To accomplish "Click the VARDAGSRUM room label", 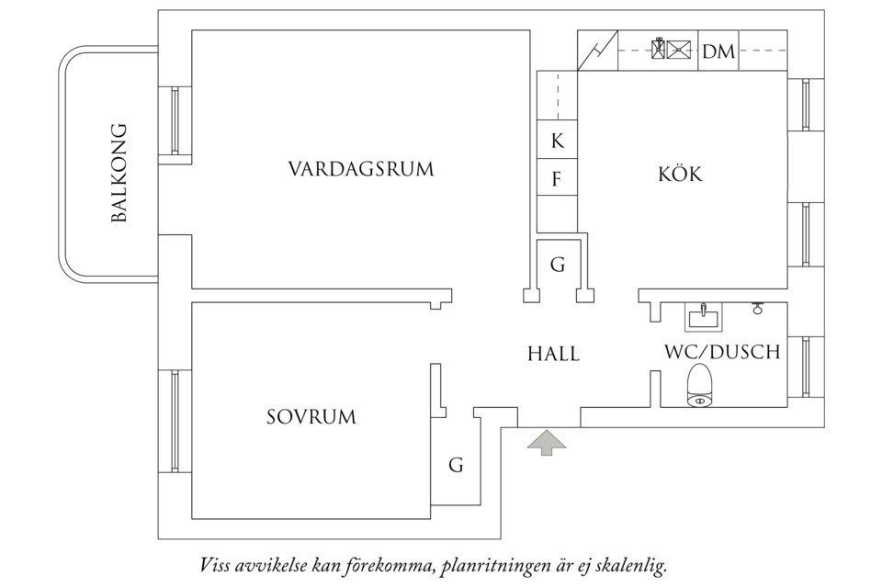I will tap(360, 170).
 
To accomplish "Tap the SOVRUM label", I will tap(311, 417).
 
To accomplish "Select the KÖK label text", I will tap(680, 174).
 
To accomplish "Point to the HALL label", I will tap(554, 353).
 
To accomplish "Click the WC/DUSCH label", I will tap(722, 352).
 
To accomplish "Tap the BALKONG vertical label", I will tap(118, 174).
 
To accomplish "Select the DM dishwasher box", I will tap(718, 51).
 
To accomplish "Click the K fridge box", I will tap(557, 141).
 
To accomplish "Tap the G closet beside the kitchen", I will tap(557, 266).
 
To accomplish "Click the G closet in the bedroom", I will tap(456, 465).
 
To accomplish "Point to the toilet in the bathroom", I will tap(700, 385).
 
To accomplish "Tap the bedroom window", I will tap(174, 421).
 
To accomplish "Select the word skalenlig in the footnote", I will tap(629, 563).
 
